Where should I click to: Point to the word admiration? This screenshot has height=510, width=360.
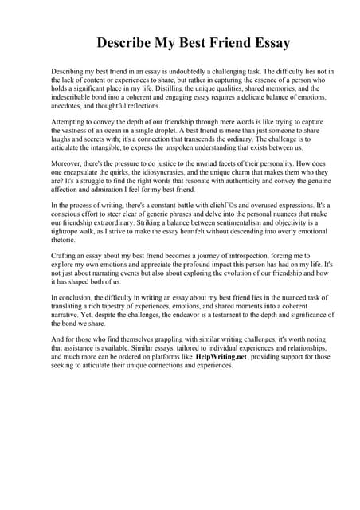click(x=109, y=191)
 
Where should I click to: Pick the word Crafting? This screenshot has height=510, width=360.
click(x=66, y=257)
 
